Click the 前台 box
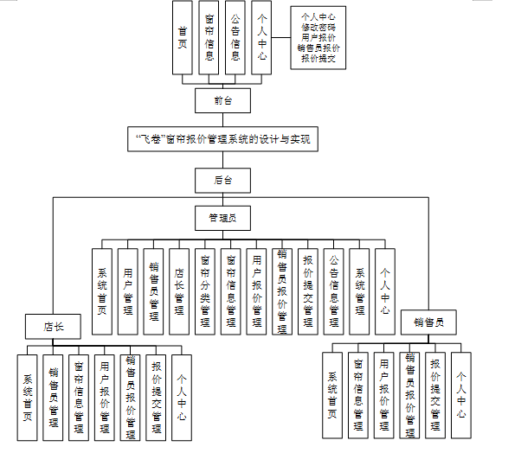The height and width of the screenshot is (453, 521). (x=222, y=100)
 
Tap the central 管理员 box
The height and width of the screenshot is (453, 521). (x=222, y=218)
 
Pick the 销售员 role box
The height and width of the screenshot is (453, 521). (x=428, y=322)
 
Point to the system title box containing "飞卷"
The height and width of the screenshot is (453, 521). (x=222, y=138)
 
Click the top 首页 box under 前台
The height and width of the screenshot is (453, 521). (x=182, y=37)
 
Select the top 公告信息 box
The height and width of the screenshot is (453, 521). (x=235, y=37)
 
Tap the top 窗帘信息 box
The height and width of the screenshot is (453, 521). (x=209, y=37)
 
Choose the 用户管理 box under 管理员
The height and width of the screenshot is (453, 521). (x=128, y=290)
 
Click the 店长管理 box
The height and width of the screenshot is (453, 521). (x=179, y=290)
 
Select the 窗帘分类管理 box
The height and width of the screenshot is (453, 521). (x=205, y=290)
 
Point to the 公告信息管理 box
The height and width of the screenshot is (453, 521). (x=334, y=290)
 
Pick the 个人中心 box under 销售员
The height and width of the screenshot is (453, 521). (x=461, y=394)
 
